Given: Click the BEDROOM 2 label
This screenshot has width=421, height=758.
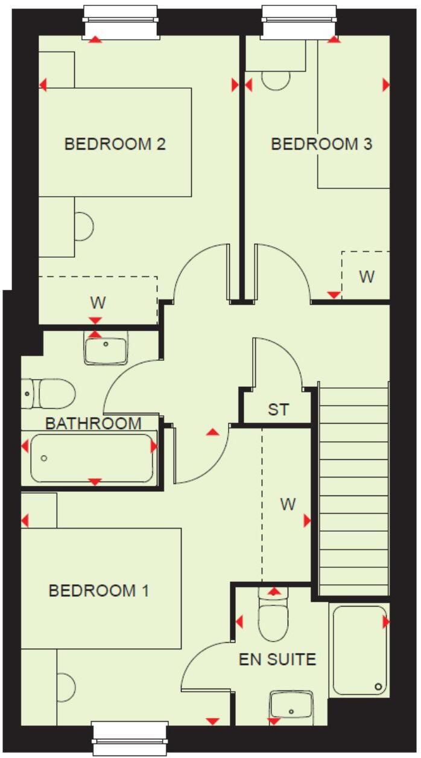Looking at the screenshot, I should [x=115, y=144].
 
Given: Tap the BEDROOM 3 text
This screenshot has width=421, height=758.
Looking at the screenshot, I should [x=321, y=144].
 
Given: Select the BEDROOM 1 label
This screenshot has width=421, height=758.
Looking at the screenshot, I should [x=99, y=590].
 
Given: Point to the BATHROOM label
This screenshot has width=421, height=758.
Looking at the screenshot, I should [x=93, y=423].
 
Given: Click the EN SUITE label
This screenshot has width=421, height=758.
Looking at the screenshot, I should [x=277, y=659].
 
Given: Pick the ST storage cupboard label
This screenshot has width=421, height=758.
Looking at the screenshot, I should [x=278, y=410].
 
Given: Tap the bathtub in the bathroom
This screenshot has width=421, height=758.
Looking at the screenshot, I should [x=92, y=457].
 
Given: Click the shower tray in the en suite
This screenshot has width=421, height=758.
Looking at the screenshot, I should [x=359, y=651].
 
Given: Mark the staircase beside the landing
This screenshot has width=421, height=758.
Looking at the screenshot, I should [x=353, y=489].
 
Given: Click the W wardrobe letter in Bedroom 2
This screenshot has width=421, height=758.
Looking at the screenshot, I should [x=96, y=301].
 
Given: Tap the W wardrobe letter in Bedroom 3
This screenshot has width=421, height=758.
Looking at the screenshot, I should [x=367, y=277].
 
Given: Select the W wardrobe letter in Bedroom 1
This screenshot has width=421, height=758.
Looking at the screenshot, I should [x=288, y=504].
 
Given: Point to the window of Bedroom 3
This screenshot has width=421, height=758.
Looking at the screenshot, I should [x=299, y=21].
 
